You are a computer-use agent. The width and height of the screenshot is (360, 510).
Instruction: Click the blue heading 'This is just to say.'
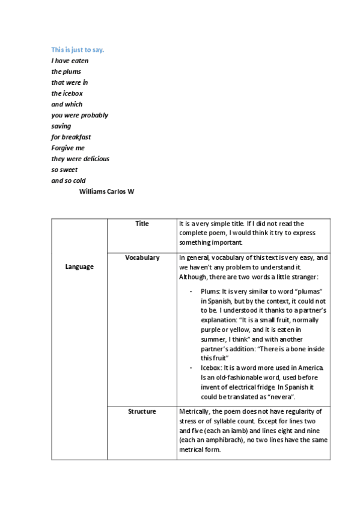click(x=78, y=49)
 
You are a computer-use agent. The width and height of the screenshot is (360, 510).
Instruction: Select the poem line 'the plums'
click(x=66, y=72)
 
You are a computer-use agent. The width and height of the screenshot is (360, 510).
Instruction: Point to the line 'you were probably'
click(x=79, y=115)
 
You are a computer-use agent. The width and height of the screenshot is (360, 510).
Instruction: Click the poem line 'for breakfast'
click(x=71, y=137)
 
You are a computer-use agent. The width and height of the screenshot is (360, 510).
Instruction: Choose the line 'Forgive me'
click(x=68, y=148)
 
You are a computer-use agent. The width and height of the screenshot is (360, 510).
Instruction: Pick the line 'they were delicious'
click(x=80, y=159)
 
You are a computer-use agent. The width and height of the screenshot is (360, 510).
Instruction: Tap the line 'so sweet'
click(x=64, y=170)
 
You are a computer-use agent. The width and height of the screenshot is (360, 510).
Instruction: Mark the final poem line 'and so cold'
click(x=69, y=180)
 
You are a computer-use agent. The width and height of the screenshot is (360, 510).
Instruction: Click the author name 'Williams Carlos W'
click(x=106, y=192)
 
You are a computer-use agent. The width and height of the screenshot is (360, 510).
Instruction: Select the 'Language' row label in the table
click(x=79, y=266)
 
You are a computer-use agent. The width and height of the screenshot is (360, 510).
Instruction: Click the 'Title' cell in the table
click(x=142, y=224)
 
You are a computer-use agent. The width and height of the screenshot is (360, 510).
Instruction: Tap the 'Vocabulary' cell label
click(x=142, y=257)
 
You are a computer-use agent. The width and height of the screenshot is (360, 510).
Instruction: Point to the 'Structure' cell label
click(x=142, y=411)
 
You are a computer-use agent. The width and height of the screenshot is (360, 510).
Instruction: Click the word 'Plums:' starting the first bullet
click(x=212, y=291)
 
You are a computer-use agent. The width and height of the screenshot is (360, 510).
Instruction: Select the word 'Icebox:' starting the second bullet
click(x=212, y=367)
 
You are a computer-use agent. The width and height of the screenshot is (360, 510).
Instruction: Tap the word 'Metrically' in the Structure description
click(x=195, y=411)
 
